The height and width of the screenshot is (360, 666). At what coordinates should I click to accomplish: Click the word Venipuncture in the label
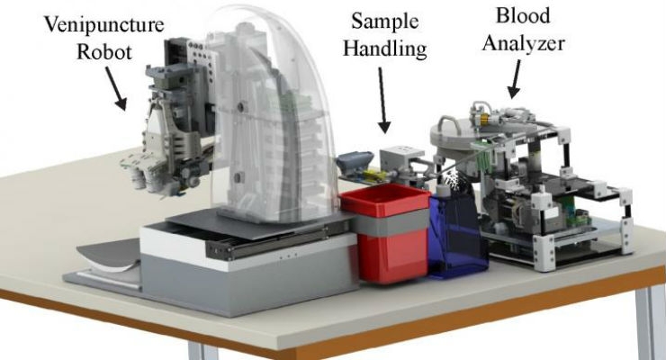click(104, 24)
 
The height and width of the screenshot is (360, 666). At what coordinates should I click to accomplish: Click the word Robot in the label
click(104, 52)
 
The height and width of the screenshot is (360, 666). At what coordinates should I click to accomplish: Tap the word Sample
click(385, 22)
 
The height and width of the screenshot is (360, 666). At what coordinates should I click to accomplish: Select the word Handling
click(385, 49)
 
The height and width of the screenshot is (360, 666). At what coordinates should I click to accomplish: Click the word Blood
click(523, 15)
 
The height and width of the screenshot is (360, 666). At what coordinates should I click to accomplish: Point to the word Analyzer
click(523, 43)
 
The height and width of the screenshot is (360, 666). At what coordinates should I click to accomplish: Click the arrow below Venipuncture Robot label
click(115, 89)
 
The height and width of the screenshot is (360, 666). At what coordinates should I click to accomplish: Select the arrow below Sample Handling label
click(382, 101)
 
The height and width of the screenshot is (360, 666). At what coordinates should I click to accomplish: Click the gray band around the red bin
click(391, 223)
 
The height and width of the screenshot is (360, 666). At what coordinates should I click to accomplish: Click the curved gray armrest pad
click(107, 256)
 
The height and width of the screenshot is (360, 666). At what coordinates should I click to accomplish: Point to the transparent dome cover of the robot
click(272, 114)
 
